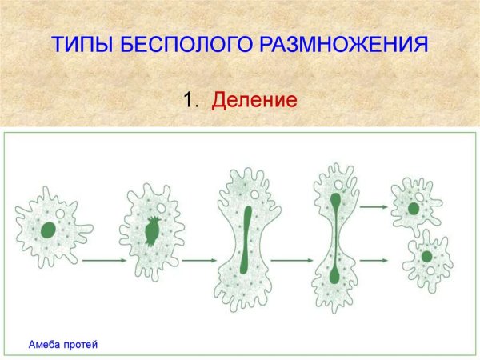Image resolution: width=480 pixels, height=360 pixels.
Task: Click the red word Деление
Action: point(254,101)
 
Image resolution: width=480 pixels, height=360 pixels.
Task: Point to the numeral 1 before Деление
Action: point(190,101)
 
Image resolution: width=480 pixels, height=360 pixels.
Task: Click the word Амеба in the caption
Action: point(46,345)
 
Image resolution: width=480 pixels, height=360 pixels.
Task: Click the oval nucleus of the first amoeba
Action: point(49,230)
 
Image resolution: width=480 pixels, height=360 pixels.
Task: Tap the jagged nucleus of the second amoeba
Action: point(152,230)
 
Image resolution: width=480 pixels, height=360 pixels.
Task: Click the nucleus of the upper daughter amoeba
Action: point(414,209)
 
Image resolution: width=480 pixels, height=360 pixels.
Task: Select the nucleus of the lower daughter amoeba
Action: point(427,257)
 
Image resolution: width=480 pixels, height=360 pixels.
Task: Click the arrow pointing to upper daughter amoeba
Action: point(373,206)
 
